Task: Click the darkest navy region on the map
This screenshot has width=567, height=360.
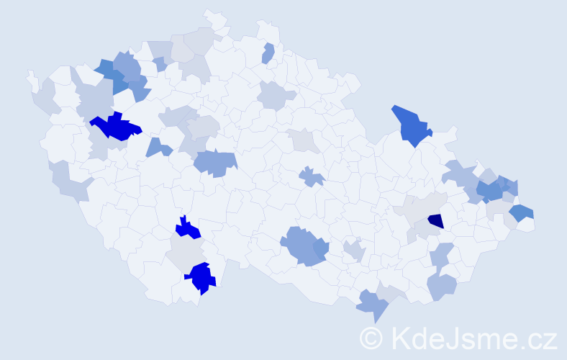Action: pyautogui.click(x=435, y=221)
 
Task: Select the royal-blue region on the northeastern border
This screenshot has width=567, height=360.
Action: pyautogui.click(x=410, y=125)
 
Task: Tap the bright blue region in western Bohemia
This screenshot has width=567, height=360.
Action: pyautogui.click(x=115, y=127)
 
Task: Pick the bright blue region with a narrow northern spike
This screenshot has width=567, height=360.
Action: pyautogui.click(x=188, y=229)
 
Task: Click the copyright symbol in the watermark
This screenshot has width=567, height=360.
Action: pyautogui.click(x=371, y=337)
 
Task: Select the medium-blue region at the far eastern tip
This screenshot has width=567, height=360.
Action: pyautogui.click(x=522, y=212)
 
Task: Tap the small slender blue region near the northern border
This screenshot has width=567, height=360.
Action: pyautogui.click(x=268, y=53)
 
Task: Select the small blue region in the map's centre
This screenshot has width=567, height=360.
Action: pyautogui.click(x=312, y=176)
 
